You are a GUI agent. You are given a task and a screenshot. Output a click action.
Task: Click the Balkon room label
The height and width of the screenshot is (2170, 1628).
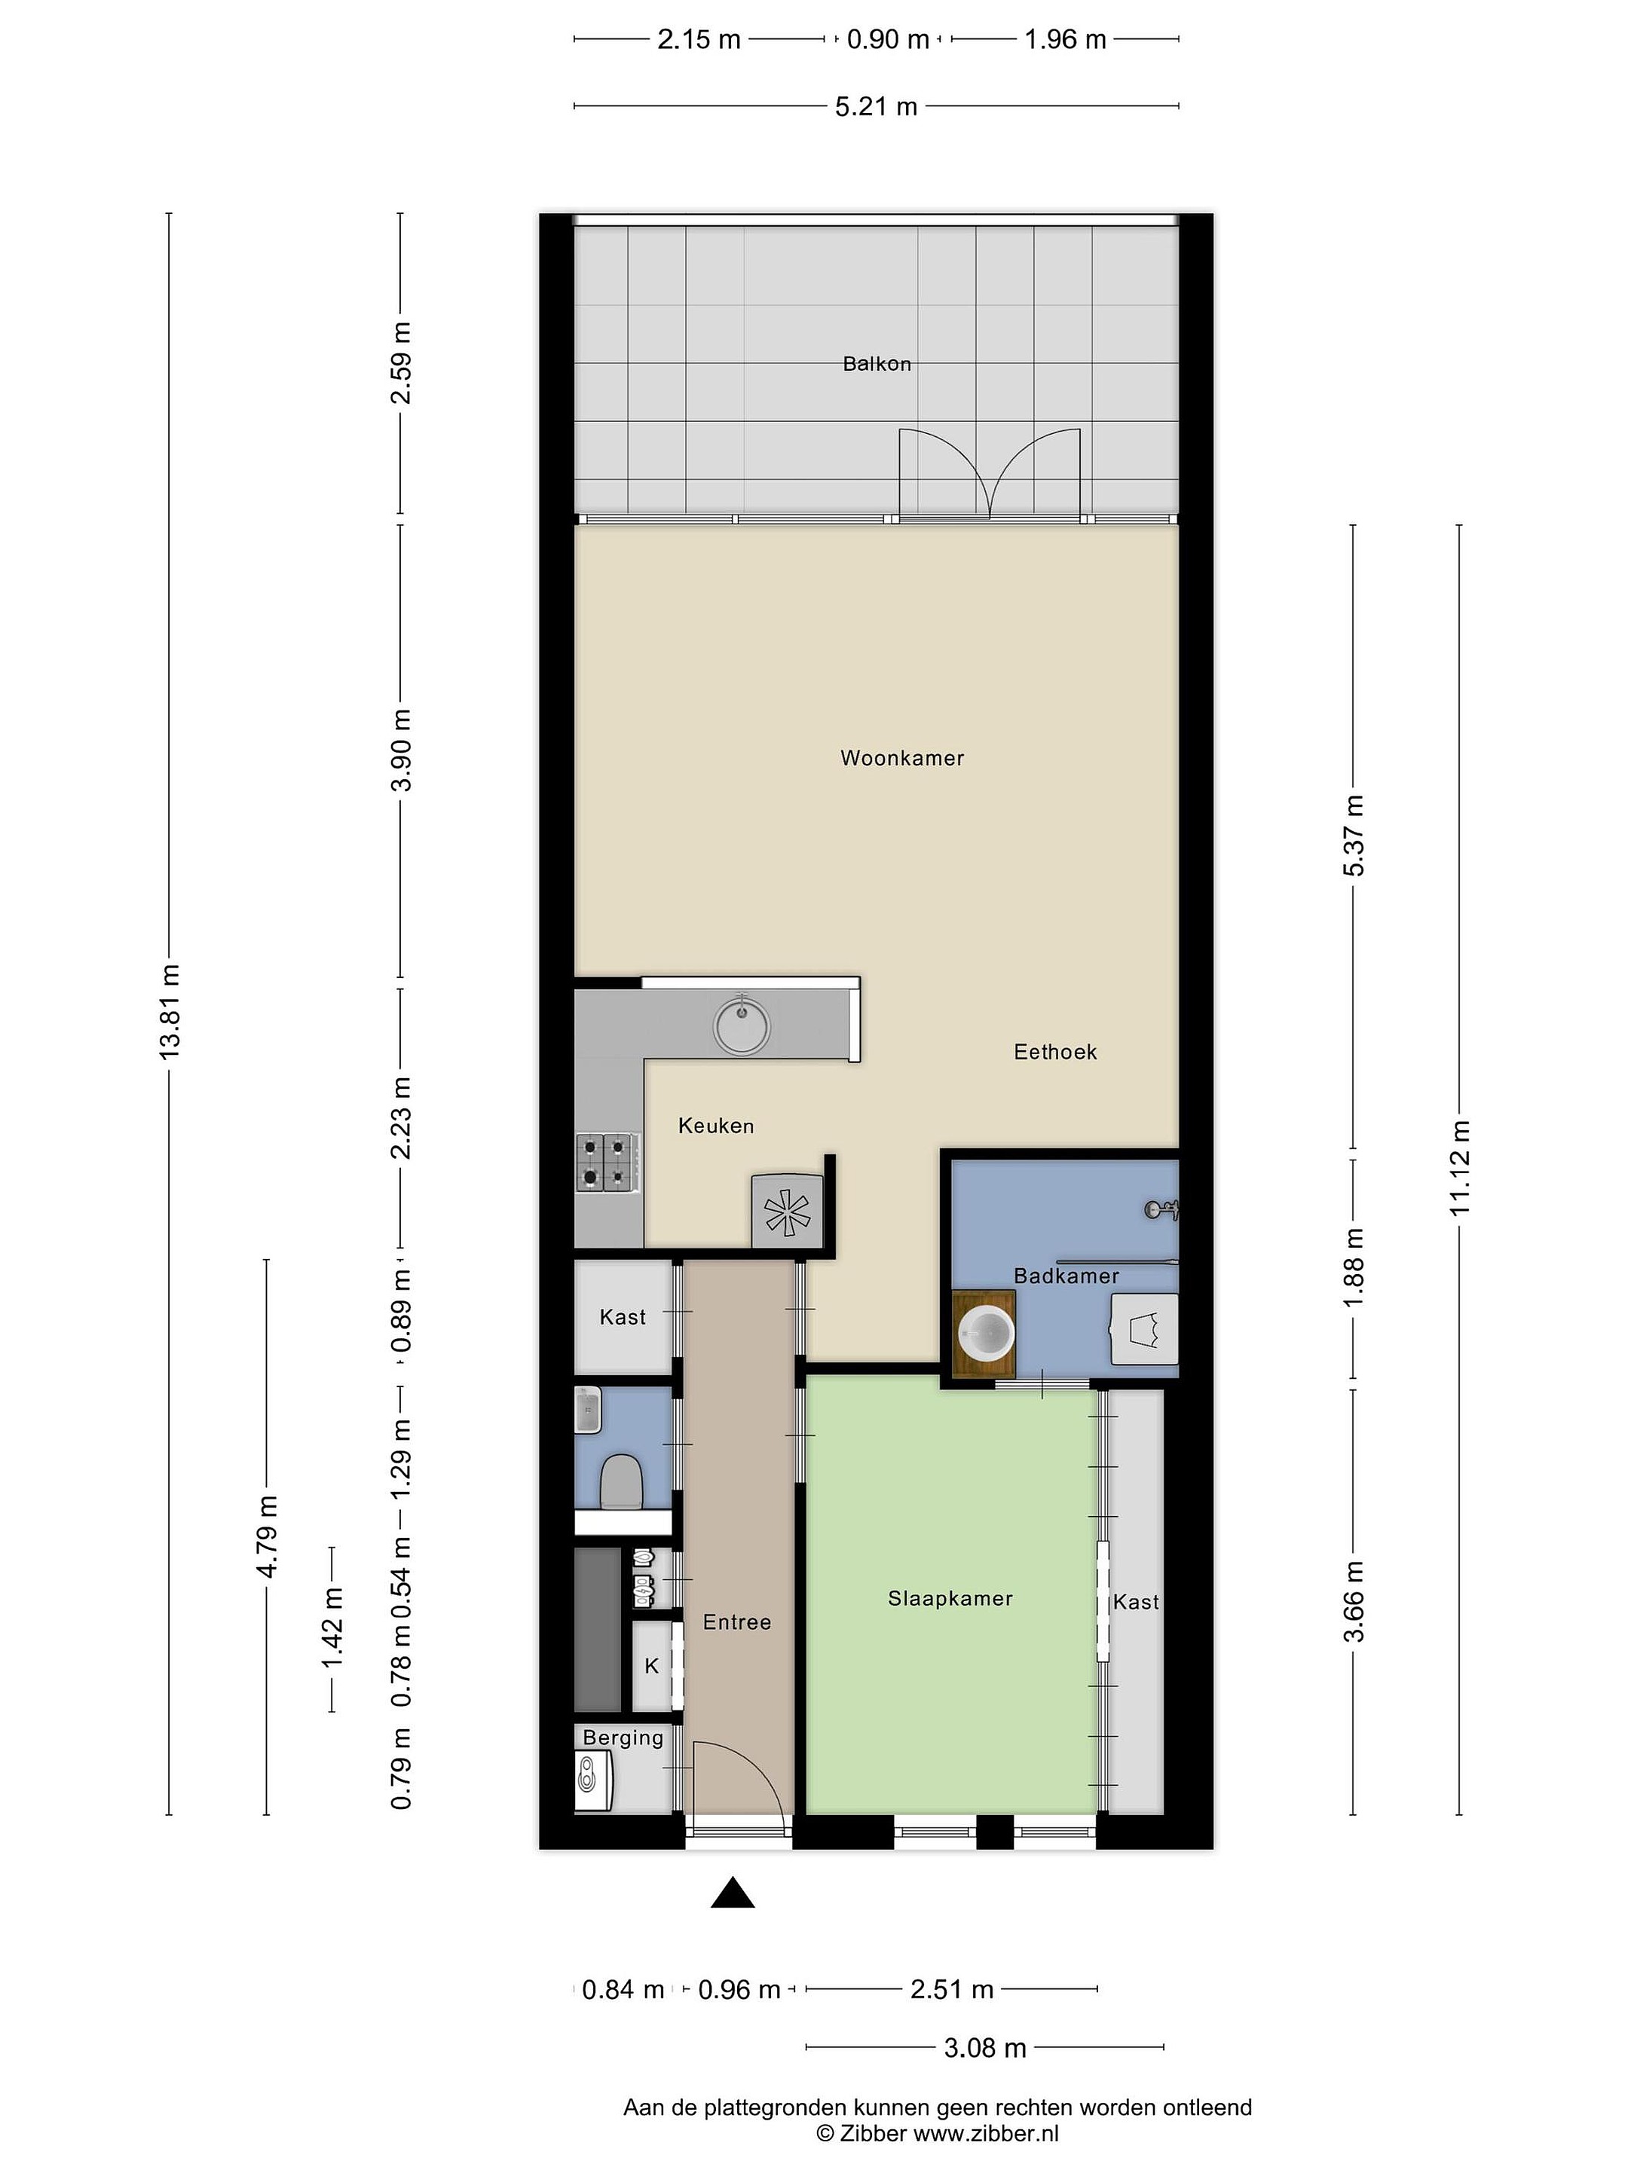877,364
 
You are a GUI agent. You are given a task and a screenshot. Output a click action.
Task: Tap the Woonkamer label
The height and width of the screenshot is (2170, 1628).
902,758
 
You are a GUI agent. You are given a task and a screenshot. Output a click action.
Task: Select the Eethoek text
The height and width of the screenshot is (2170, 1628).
1055,1052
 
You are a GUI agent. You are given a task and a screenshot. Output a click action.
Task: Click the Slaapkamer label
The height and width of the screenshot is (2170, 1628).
950,1598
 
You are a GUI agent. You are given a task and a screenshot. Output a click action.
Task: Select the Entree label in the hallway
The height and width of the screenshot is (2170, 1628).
737,1622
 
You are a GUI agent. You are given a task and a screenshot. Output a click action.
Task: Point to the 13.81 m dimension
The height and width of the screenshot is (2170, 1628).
169,1010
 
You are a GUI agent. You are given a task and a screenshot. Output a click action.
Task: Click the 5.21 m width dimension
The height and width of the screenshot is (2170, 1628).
877,106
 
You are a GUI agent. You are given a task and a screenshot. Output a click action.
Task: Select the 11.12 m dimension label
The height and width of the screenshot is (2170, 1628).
1460,1166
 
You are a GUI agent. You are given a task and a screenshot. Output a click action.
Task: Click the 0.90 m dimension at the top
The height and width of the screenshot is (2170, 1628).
888,39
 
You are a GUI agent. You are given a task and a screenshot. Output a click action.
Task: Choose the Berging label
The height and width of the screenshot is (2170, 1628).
623,1738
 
